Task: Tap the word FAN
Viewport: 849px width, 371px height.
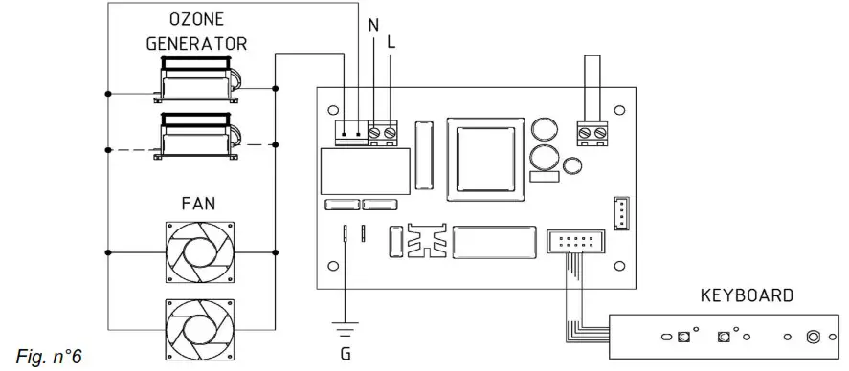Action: coord(198,203)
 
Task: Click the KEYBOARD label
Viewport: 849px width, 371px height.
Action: coord(748,295)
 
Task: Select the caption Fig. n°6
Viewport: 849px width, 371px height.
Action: coord(49,357)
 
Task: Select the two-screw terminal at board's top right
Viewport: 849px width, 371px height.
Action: coord(592,132)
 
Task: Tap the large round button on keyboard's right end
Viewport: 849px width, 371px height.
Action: coord(814,337)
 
